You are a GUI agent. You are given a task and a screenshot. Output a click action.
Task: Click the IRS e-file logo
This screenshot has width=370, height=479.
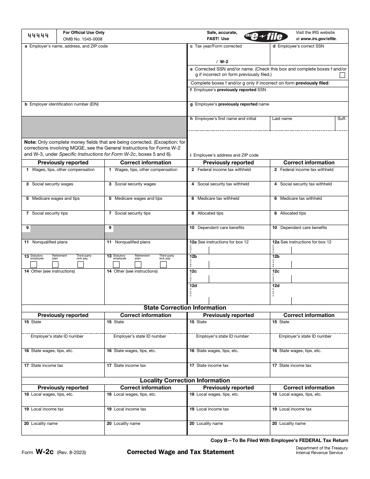click(266, 36)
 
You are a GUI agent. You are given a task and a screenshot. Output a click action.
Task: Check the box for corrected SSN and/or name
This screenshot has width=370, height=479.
click(342, 75)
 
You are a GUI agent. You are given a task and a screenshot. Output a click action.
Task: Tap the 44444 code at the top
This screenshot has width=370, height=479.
click(38, 36)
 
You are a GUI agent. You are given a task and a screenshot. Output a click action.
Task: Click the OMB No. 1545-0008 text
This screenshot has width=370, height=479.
click(83, 39)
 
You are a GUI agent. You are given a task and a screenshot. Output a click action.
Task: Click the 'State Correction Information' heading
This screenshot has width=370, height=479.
click(185, 308)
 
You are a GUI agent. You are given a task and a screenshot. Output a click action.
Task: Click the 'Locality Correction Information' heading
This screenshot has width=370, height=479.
click(185, 380)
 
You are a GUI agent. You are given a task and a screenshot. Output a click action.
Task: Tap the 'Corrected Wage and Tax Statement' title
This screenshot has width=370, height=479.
click(180, 452)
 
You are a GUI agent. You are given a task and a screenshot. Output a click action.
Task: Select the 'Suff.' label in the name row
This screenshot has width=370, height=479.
click(342, 119)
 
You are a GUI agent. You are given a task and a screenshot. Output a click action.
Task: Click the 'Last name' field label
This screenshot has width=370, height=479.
click(282, 119)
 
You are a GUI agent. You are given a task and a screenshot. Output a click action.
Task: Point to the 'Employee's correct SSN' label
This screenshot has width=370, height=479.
click(301, 46)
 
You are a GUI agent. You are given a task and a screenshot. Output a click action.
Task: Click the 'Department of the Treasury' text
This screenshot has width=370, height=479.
click(322, 448)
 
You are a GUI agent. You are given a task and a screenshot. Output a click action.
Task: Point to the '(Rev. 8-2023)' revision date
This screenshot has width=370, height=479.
click(71, 453)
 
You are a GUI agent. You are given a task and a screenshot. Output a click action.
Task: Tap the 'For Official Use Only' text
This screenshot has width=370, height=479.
click(84, 33)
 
